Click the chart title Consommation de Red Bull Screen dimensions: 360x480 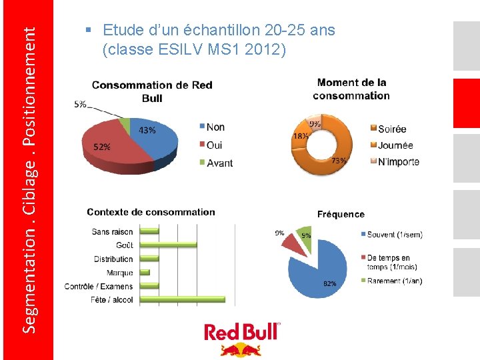point(152,91)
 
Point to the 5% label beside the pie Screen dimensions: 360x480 point(80,104)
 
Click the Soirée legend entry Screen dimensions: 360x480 point(392,129)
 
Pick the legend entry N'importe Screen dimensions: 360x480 point(399,161)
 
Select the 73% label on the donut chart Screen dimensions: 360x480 point(339,161)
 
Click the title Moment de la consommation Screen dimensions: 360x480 point(351,89)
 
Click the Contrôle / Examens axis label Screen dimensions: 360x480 point(99,287)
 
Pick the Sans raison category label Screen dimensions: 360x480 point(113,232)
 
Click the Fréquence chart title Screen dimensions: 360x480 point(341,214)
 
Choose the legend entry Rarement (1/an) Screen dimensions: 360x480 point(394,281)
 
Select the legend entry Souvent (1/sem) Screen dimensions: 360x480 point(394,234)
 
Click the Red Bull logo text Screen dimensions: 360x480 point(242,332)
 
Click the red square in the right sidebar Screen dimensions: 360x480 point(466,103)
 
